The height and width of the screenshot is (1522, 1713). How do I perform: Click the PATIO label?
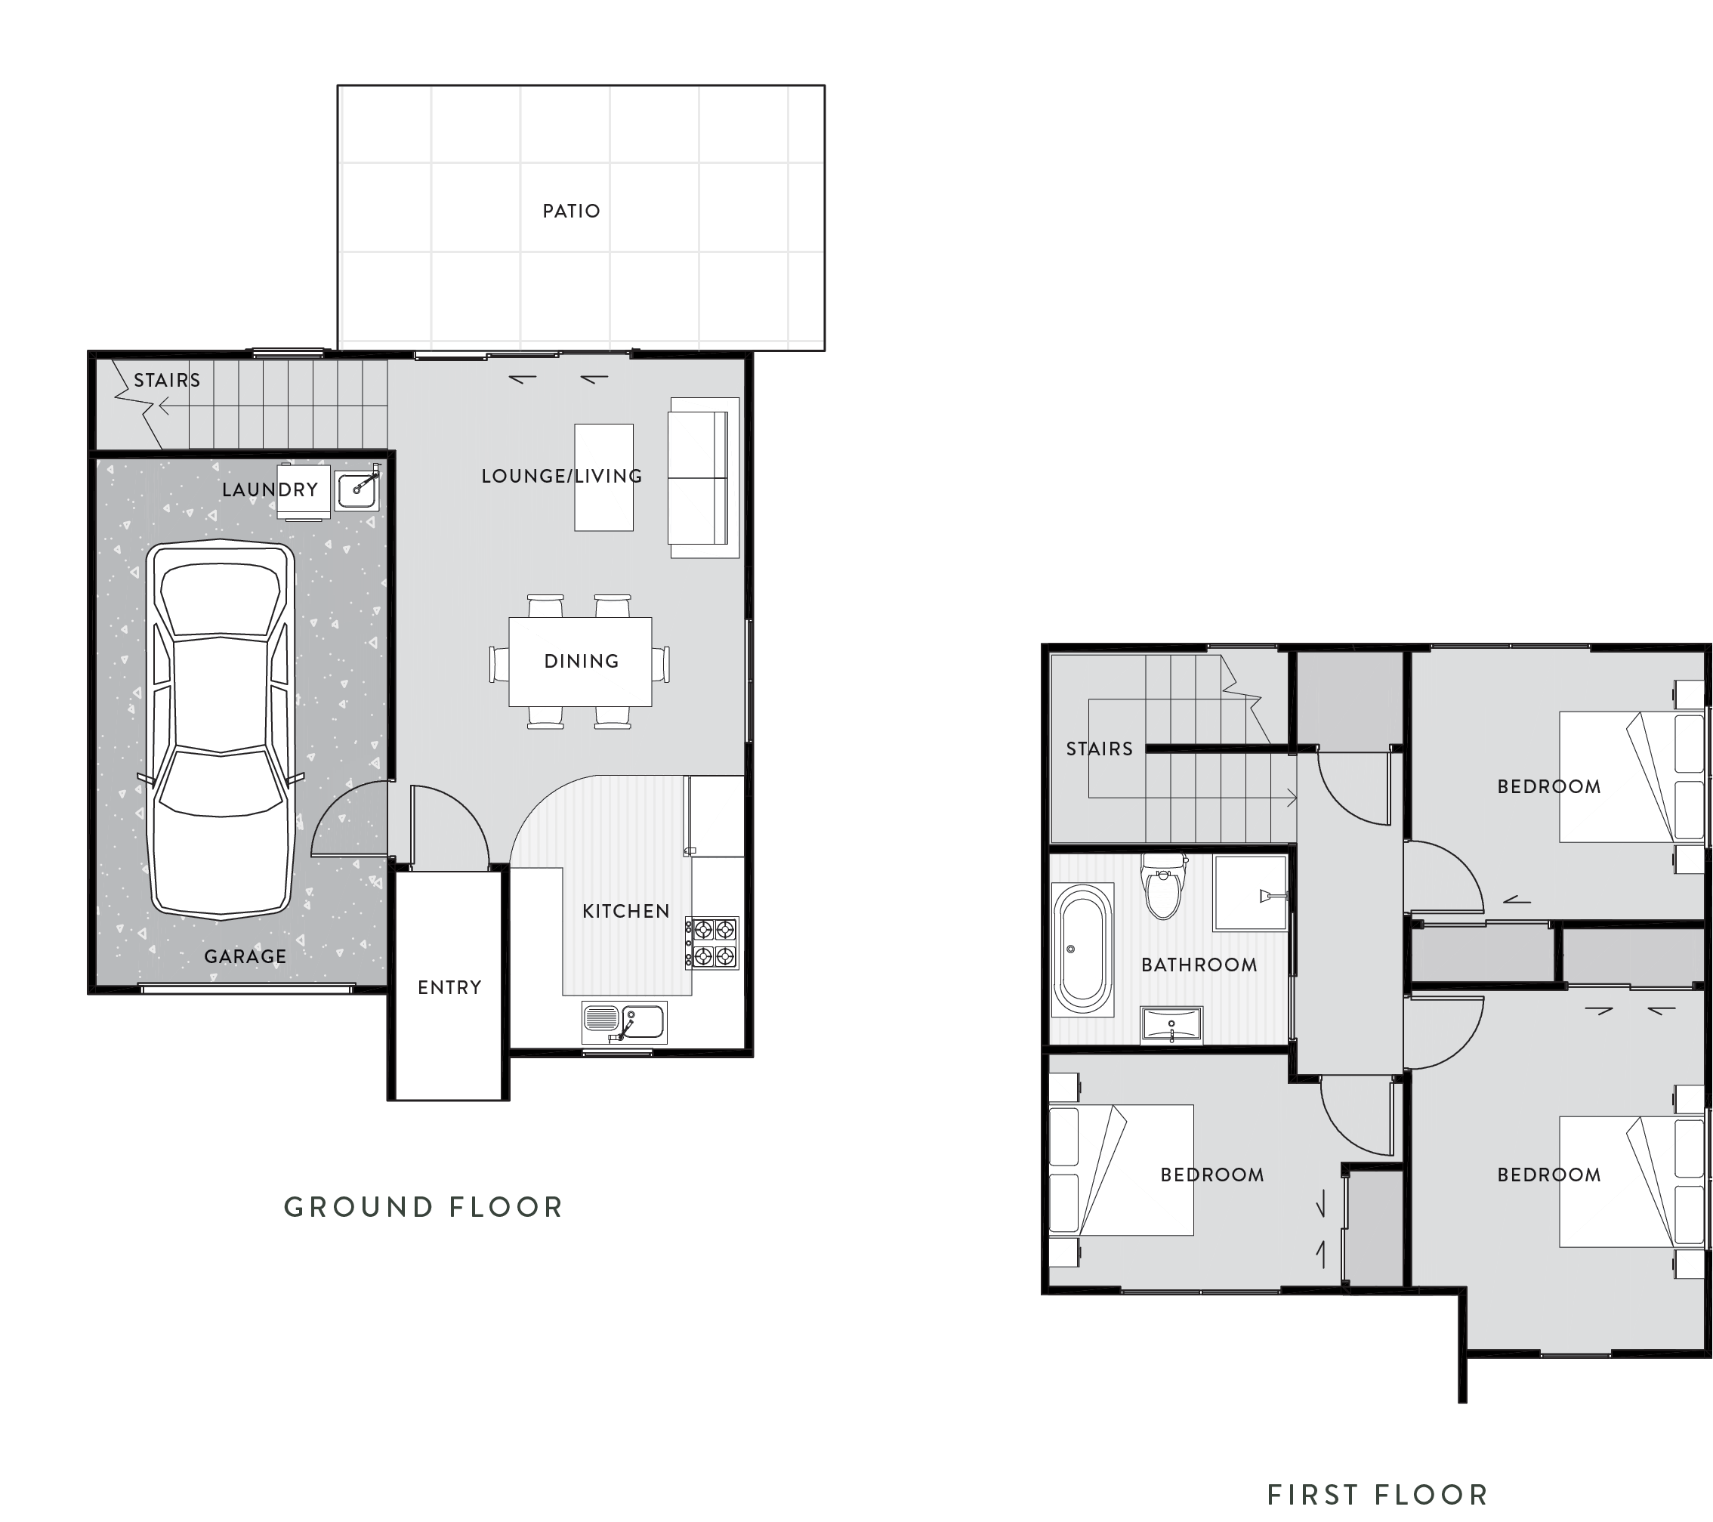(x=572, y=211)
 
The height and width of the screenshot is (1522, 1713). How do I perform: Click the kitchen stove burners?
(x=712, y=942)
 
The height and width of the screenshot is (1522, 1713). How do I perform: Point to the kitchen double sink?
(x=625, y=1022)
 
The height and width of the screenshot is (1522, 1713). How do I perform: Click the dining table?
(x=580, y=661)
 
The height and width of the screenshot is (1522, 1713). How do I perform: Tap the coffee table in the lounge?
(x=603, y=477)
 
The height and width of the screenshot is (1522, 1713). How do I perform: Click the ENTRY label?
(x=449, y=987)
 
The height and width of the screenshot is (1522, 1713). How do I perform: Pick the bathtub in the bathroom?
(x=1084, y=949)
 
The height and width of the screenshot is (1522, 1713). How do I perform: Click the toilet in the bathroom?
(x=1163, y=889)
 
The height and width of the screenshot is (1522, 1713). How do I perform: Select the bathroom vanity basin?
(x=1171, y=1025)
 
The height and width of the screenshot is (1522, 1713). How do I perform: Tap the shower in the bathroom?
(x=1249, y=894)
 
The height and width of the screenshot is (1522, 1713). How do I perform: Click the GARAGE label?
(x=245, y=956)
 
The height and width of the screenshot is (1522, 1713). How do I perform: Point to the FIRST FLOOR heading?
(x=1377, y=1470)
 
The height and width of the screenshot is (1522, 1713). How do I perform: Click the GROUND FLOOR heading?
(x=423, y=1207)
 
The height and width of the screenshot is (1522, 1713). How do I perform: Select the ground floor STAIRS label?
(x=168, y=381)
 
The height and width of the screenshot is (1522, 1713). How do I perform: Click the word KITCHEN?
(x=626, y=911)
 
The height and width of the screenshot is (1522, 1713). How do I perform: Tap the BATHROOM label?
(x=1199, y=965)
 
